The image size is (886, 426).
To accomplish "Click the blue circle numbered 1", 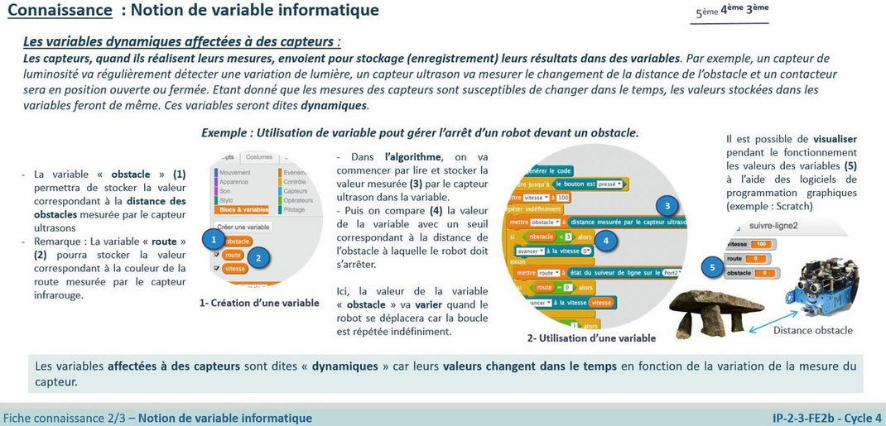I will click(x=214, y=239).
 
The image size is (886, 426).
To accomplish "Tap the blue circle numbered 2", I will click(x=258, y=257).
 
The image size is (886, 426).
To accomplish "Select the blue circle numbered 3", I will click(x=667, y=206).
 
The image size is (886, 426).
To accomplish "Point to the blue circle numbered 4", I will click(x=607, y=241).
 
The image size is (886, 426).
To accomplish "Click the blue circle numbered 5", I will click(x=711, y=267).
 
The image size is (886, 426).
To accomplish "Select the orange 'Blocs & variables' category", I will click(x=243, y=209).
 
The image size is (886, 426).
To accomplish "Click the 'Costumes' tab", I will click(x=259, y=156).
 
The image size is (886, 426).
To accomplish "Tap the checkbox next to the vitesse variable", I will click(x=216, y=269).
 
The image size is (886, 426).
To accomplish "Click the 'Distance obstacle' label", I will click(x=812, y=331).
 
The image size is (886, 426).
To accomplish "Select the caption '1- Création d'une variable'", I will click(x=259, y=303).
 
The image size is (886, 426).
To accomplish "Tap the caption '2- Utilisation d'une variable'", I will click(x=591, y=337).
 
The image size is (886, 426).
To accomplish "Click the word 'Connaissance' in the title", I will click(x=60, y=11).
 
